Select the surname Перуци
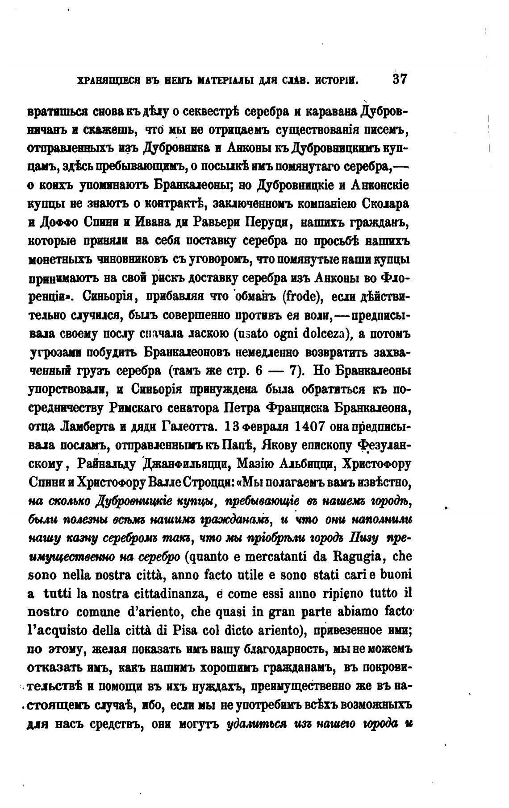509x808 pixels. (268, 222)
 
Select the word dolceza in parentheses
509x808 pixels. (326, 334)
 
